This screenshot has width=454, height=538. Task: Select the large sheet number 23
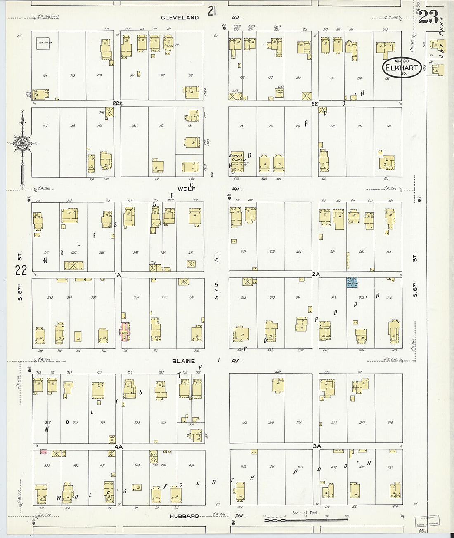428,17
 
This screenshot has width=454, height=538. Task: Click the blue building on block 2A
352,282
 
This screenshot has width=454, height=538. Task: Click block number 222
118,103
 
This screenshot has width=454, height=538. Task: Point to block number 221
316,103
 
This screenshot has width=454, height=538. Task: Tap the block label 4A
119,446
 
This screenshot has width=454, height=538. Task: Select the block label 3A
317,446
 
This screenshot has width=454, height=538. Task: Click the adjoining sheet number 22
21,270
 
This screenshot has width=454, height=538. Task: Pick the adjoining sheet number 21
212,11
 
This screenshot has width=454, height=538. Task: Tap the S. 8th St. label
20,276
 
